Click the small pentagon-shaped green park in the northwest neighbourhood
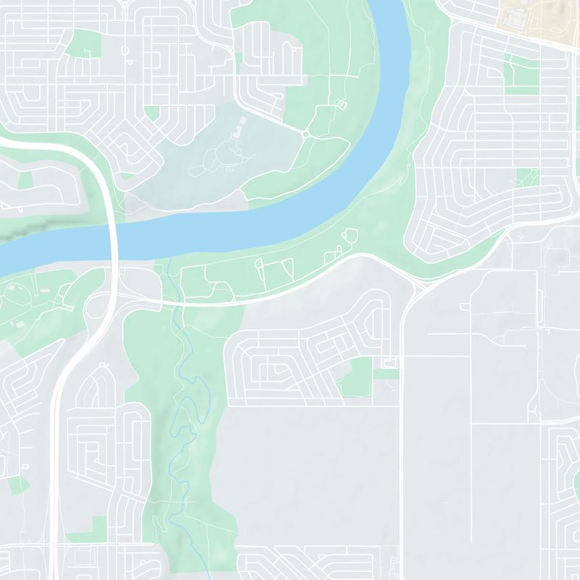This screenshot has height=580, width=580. point(152,112)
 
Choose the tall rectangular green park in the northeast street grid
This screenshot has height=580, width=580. point(519,75)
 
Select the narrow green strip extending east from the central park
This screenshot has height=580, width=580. point(389,374)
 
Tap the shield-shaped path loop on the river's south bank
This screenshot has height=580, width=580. point(352,236)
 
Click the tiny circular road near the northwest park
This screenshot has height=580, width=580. point(125,51)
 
